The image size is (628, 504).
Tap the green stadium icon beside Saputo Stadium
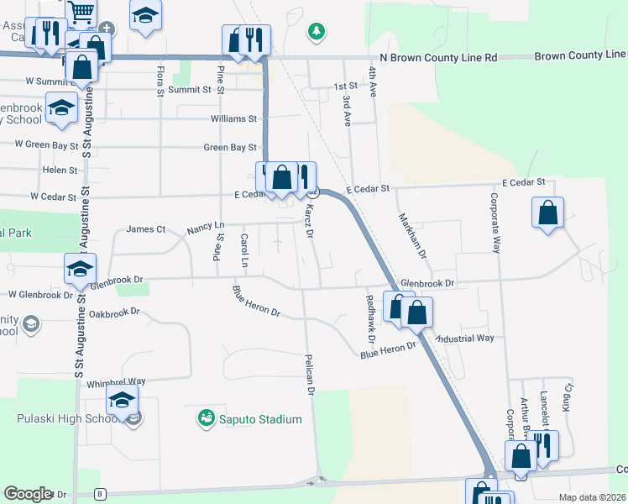pos(206,417)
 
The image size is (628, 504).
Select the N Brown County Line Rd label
pos(438,58)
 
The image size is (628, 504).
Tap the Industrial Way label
pos(464,338)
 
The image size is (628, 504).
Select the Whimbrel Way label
pos(116,382)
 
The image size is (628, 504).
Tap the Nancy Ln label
pos(206,227)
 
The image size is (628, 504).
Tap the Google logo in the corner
pos(28,494)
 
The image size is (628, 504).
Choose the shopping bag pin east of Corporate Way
pos(547,213)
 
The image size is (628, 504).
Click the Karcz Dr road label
pos(309,219)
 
